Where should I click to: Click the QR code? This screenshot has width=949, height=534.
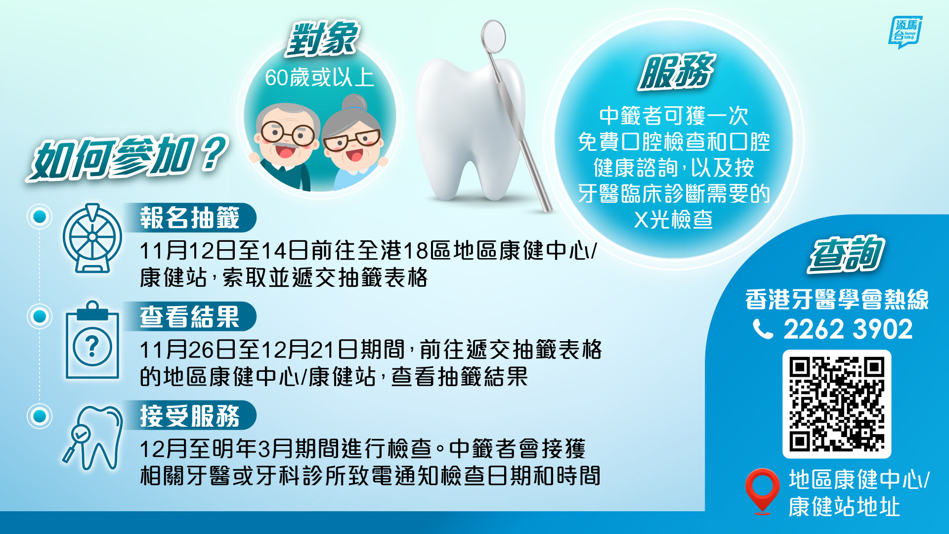[836, 404]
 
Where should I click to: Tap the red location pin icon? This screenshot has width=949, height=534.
[762, 491]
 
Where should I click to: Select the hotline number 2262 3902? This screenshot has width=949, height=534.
[848, 329]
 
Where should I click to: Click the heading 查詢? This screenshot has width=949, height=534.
[846, 254]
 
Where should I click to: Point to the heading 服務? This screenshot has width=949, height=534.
[676, 72]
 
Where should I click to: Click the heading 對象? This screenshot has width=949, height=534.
[322, 39]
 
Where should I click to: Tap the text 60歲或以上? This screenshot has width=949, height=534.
[320, 78]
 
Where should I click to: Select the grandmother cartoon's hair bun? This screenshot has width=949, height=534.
[354, 103]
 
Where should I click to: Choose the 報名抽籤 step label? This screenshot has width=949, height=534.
[190, 218]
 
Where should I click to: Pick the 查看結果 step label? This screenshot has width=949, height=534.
[190, 316]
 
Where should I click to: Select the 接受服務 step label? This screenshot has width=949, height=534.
[190, 415]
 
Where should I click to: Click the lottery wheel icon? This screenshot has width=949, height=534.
[92, 238]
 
